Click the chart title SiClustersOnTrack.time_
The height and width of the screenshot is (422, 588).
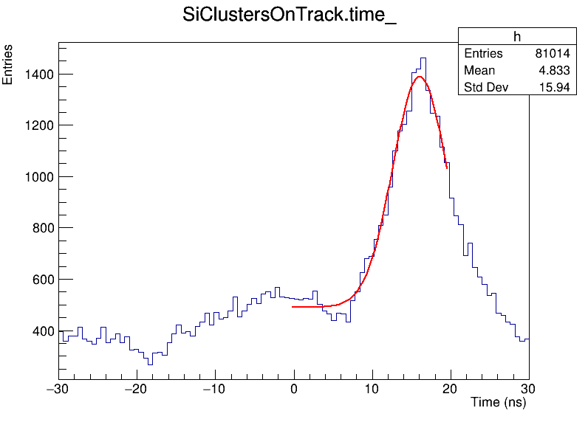(x=290, y=16)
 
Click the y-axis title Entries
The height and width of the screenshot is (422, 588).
(x=8, y=64)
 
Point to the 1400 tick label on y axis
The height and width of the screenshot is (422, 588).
(x=36, y=75)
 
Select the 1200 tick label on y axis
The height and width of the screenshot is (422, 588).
(x=36, y=125)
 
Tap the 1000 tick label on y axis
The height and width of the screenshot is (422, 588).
(x=36, y=177)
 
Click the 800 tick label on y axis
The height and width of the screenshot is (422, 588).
(x=40, y=229)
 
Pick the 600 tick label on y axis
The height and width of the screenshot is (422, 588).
(x=40, y=280)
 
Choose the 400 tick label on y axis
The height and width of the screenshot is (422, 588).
(x=40, y=331)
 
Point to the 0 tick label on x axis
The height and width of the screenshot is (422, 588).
(x=294, y=389)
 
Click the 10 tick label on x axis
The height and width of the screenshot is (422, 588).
(x=372, y=389)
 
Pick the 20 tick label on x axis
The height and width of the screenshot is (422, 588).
(x=451, y=389)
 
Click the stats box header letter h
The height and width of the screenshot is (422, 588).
(x=517, y=38)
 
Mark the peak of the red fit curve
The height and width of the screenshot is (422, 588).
(x=420, y=77)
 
